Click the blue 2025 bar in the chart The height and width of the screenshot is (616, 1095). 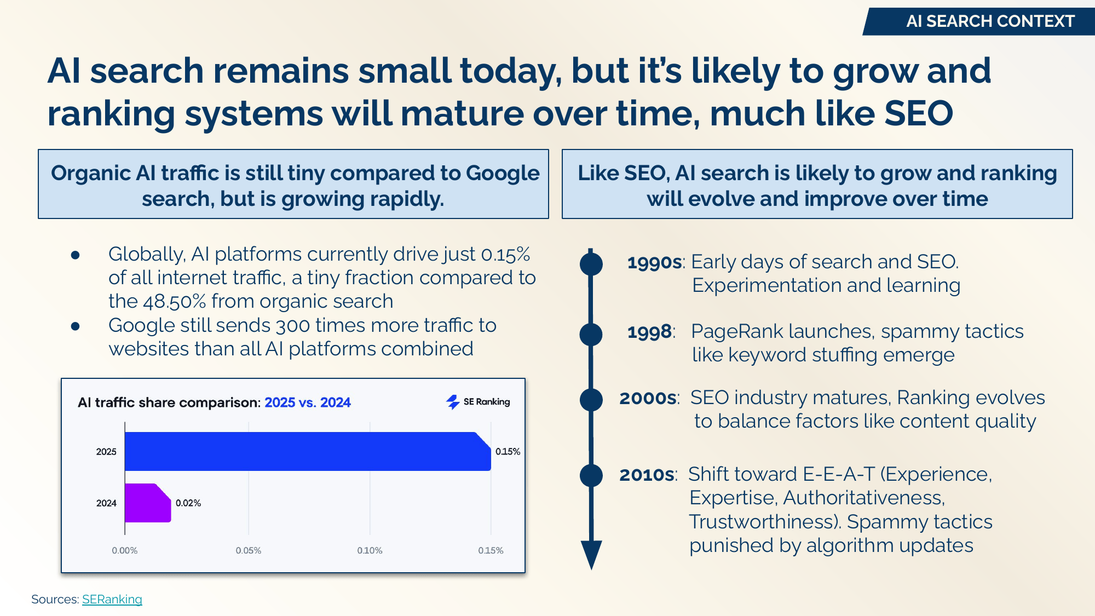click(x=307, y=451)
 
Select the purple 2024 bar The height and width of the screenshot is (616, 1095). click(x=147, y=503)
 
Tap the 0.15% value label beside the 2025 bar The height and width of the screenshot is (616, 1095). click(x=508, y=451)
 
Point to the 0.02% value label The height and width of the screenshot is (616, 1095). click(x=188, y=503)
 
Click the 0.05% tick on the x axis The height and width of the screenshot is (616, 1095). click(x=248, y=550)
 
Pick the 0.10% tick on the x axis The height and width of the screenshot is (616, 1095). click(x=370, y=550)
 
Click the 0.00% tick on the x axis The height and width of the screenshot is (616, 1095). click(x=125, y=550)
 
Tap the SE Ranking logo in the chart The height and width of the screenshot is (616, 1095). click(x=478, y=402)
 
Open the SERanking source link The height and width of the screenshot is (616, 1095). click(x=112, y=599)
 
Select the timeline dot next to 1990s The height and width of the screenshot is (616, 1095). click(x=591, y=264)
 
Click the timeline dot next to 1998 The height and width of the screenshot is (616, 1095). click(x=591, y=334)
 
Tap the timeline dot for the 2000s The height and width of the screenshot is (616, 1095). click(x=591, y=400)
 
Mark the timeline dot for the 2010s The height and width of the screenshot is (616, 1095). click(x=591, y=475)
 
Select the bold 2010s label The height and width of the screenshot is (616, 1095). click(x=647, y=474)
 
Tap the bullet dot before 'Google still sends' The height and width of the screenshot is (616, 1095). click(x=76, y=326)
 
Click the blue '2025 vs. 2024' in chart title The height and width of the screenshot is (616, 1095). click(x=307, y=402)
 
